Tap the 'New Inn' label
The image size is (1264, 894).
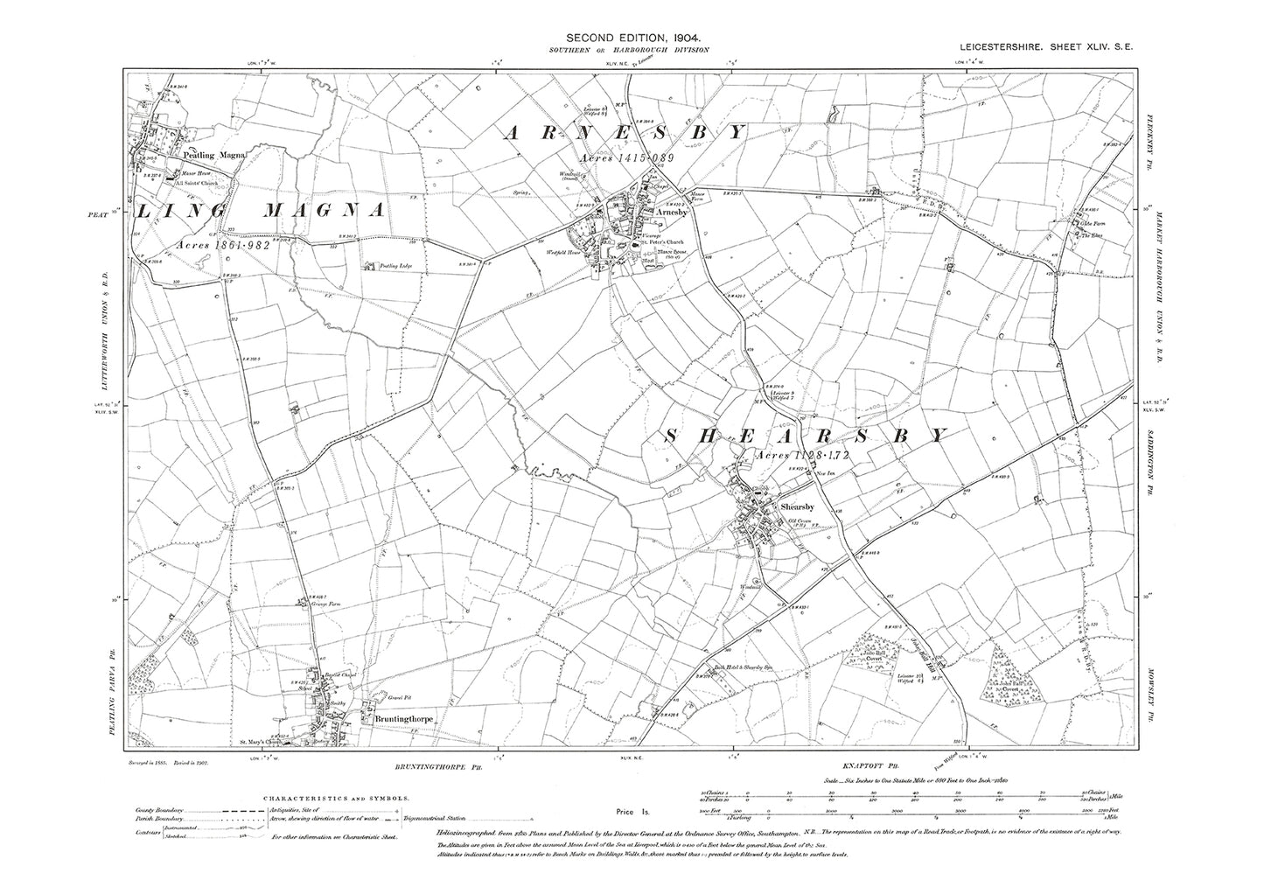pos(828,473)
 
